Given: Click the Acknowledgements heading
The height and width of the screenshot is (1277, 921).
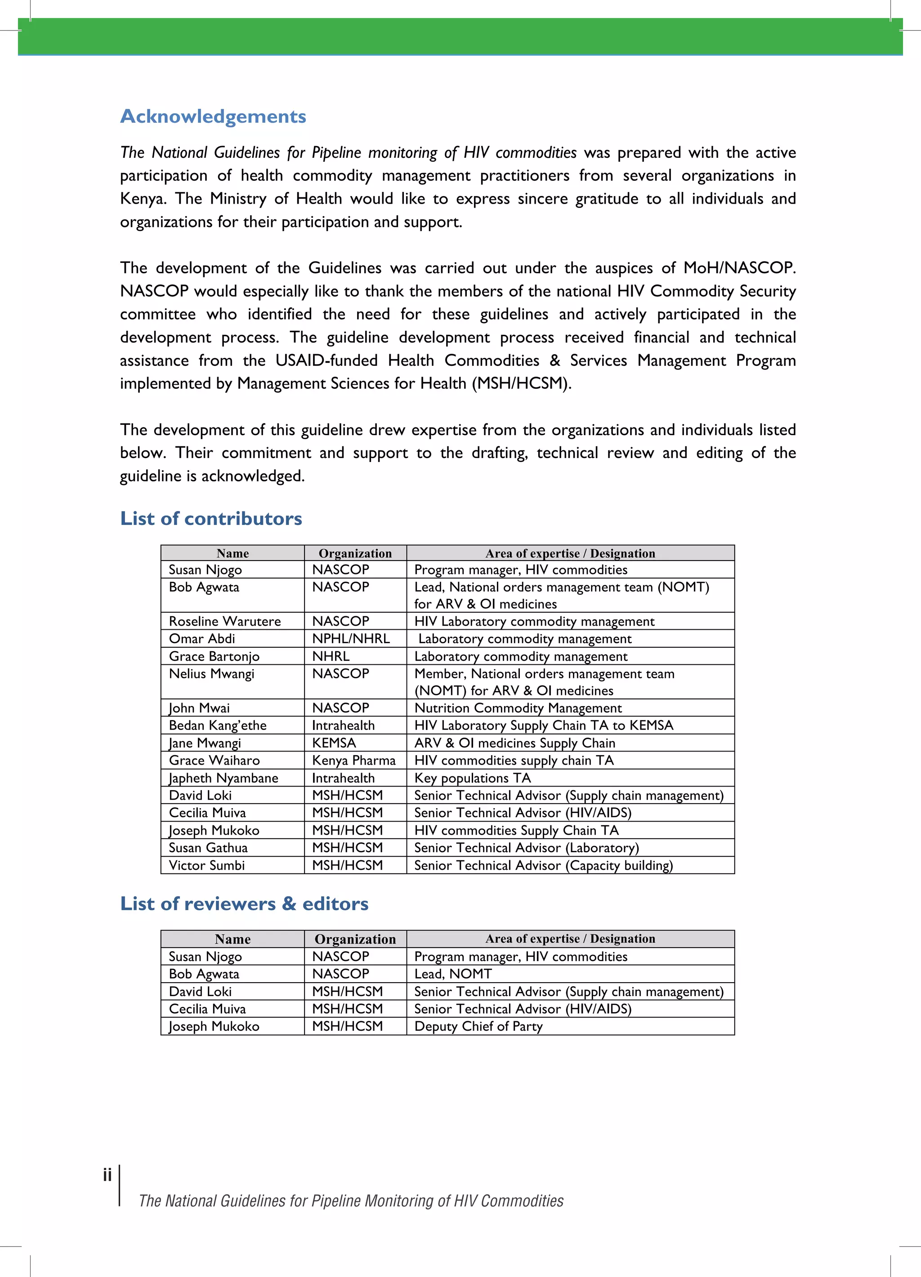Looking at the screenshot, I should (213, 116).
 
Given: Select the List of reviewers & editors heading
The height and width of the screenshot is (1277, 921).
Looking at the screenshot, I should (244, 903).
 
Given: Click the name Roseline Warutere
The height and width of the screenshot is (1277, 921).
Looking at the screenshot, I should (225, 621).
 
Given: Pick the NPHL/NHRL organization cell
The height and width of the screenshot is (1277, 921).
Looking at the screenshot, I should (350, 638).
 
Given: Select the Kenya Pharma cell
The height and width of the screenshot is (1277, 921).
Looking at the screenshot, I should (354, 760).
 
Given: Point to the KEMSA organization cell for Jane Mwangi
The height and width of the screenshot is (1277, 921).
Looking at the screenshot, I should (334, 743).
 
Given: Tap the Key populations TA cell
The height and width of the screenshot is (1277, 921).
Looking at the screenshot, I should (473, 778).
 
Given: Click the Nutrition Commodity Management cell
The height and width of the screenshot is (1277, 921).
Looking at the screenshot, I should (518, 708).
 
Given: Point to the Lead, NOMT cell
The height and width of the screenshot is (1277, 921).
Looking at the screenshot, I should (453, 974).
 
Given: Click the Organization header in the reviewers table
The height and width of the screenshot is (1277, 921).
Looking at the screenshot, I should (355, 939).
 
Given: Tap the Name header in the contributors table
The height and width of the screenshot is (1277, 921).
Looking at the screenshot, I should (232, 553).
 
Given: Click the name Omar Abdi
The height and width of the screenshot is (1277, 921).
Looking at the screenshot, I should (201, 638).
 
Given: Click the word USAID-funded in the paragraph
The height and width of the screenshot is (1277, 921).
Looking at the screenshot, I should (326, 360).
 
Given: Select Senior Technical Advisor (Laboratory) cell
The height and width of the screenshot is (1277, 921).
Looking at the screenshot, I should (526, 847).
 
